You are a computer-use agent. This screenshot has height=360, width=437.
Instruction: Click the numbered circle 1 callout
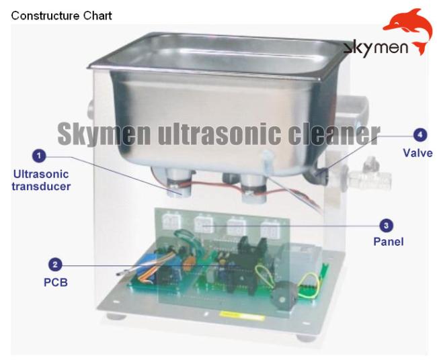39,156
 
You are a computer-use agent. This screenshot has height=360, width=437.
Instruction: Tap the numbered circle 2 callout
55,264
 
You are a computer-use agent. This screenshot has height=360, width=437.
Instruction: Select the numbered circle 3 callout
387,225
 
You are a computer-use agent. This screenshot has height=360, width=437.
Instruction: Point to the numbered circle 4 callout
420,135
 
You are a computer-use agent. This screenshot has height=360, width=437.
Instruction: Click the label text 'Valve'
418,153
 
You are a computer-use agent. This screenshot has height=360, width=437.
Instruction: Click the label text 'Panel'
389,242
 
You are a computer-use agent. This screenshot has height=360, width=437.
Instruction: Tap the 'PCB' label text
56,283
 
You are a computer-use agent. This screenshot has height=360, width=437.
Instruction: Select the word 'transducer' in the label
41,187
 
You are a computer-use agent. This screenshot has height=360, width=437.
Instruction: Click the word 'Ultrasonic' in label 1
41,175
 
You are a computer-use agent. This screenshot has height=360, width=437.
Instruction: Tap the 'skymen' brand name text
375,48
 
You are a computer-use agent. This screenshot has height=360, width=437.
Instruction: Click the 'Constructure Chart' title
61,15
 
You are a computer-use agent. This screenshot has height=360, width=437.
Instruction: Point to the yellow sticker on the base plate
241,316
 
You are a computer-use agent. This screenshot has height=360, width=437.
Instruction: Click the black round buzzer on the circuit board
284,295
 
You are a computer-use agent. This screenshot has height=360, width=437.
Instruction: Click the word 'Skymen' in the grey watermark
104,134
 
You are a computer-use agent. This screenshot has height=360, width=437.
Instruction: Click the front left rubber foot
116,316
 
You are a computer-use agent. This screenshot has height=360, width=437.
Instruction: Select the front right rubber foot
307,339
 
